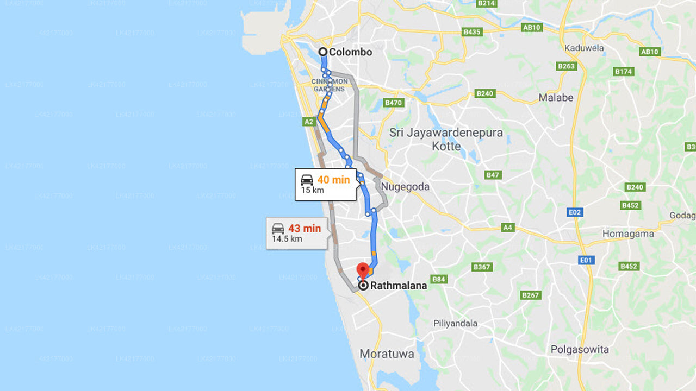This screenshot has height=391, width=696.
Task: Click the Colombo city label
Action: tap(351, 52)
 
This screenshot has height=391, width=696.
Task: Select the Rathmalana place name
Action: tap(398, 285)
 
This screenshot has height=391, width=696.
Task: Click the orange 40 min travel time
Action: tap(333, 180)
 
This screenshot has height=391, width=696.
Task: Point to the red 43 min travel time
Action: tap(304, 229)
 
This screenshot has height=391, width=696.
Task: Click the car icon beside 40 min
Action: tap(307, 180)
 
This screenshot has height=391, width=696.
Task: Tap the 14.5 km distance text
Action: tap(287, 239)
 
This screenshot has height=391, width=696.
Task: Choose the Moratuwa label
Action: tap(387, 354)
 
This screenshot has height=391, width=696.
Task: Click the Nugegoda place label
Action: tap(405, 187)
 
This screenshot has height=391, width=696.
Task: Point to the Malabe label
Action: tap(556, 98)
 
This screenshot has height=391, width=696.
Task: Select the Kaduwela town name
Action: tap(584, 48)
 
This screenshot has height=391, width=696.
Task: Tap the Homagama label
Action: tap(628, 234)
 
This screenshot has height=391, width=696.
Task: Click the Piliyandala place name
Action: tap(455, 324)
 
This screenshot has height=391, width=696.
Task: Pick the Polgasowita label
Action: tap(580, 349)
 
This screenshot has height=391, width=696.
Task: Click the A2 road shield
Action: tap(309, 122)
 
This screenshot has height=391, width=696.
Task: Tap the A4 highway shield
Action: tap(508, 228)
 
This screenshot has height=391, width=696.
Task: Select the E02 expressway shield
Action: tap(575, 212)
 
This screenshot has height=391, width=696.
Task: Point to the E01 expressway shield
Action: tap(586, 260)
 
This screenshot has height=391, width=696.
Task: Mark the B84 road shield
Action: tap(439, 279)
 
